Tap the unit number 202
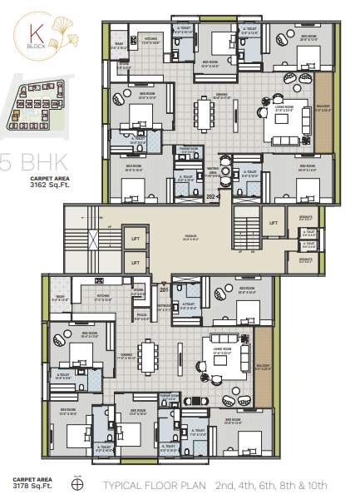(212, 197)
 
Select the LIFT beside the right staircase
(272, 223)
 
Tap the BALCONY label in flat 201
(262, 364)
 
